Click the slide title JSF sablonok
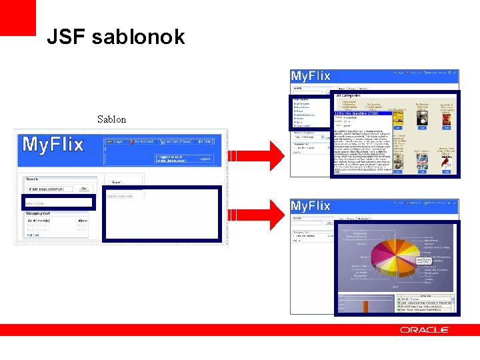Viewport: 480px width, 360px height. [x=115, y=37]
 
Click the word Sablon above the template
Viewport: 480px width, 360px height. [x=111, y=120]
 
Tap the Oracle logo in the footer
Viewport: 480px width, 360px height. [x=424, y=330]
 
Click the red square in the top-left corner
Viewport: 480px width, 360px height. [x=17, y=17]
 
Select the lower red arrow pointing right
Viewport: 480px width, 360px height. [x=256, y=214]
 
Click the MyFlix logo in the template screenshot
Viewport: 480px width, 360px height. [x=53, y=144]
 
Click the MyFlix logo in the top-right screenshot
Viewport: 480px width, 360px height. [x=311, y=77]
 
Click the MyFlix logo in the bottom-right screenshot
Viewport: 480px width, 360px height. [x=311, y=206]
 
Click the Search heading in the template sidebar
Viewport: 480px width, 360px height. [x=32, y=179]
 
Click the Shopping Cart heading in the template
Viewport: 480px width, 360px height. [x=39, y=213]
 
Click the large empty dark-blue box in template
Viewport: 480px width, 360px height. [x=161, y=213]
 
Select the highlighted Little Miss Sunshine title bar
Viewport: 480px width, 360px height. [x=363, y=113]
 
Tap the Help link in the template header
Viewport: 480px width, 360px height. [x=207, y=142]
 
